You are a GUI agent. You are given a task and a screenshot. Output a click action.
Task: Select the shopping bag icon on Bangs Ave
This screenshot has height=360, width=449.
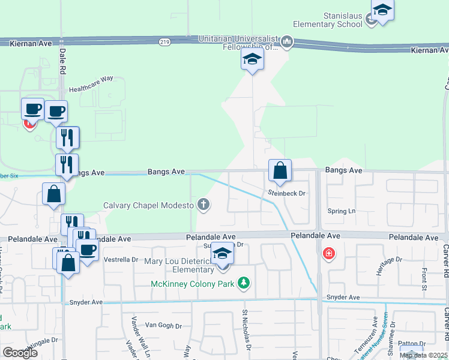tap(280, 171)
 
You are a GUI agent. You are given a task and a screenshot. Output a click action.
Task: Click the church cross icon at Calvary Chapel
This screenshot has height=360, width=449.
tap(204, 205)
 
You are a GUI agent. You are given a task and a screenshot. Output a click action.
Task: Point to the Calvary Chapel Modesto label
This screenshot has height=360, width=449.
tap(148, 205)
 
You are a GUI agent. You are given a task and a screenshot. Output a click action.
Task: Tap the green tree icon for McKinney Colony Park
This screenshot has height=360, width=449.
tap(244, 282)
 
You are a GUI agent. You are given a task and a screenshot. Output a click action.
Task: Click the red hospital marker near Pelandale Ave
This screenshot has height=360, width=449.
tap(328, 253)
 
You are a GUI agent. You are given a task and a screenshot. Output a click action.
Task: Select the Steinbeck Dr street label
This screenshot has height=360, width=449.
tap(287, 193)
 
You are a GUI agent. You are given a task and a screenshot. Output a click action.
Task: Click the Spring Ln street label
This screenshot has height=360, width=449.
tap(341, 211)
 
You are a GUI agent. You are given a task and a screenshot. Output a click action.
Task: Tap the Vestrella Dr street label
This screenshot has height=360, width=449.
tap(122, 260)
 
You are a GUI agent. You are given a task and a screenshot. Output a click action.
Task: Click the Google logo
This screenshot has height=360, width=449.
tap(20, 352)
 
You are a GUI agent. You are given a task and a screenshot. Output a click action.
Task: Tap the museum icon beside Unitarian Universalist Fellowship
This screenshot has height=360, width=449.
tap(287, 41)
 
